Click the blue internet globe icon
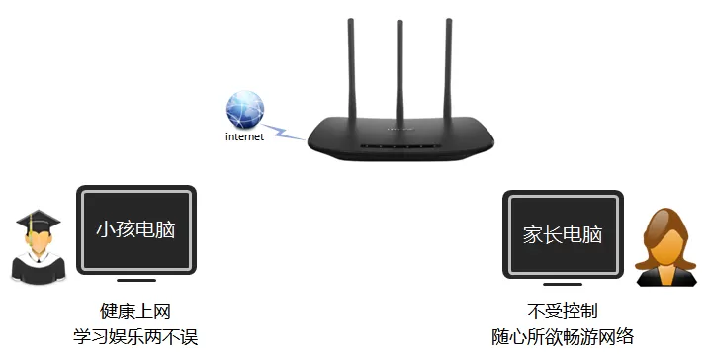click(x=244, y=110)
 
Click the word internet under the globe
click(x=244, y=136)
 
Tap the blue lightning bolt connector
click(x=284, y=132)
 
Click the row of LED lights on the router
click(x=400, y=146)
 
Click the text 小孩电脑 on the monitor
click(x=135, y=229)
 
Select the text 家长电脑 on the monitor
click(x=563, y=234)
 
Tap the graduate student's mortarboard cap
click(x=38, y=222)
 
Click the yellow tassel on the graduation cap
click(x=30, y=229)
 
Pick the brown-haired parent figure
click(x=666, y=247)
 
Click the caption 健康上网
click(x=135, y=312)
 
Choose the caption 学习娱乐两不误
click(x=135, y=336)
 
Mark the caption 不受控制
click(x=563, y=311)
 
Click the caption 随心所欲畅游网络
click(x=563, y=336)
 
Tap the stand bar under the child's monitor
click(x=136, y=280)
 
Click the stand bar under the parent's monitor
click(x=563, y=284)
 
